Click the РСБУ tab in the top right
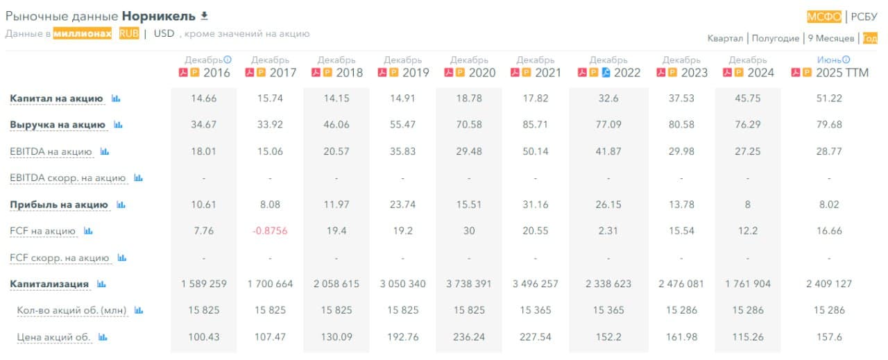864,17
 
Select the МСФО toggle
824,17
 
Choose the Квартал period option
725,38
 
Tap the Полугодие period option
776,38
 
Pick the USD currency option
164,33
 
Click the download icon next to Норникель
204,15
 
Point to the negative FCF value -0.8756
270,231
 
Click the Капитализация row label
49,284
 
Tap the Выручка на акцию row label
58,125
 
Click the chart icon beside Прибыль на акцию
121,205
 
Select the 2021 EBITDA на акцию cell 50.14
536,151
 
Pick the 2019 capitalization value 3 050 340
402,284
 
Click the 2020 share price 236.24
469,337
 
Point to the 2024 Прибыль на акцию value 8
748,205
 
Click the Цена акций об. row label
53,337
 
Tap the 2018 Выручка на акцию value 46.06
336,125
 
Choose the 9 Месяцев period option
831,38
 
